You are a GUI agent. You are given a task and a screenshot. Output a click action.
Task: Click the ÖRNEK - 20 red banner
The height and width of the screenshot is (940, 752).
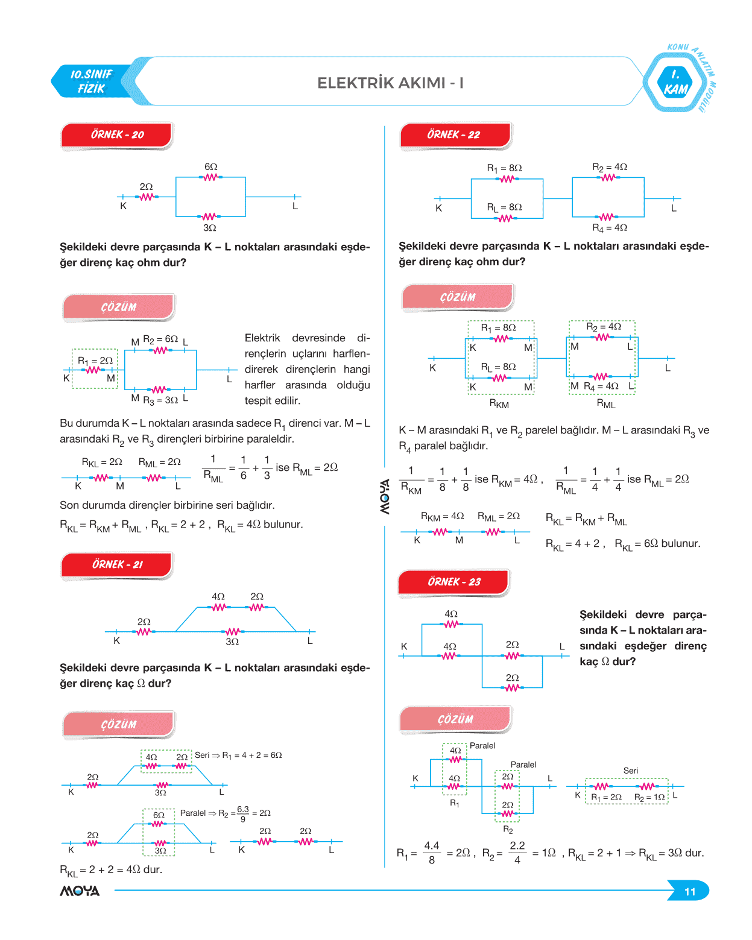(117, 135)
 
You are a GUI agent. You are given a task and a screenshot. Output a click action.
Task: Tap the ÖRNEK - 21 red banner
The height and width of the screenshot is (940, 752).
(117, 565)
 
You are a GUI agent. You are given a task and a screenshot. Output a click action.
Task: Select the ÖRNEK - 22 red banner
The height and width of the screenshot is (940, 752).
(455, 135)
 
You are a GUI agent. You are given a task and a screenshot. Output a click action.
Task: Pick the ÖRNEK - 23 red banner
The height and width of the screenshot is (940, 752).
(454, 582)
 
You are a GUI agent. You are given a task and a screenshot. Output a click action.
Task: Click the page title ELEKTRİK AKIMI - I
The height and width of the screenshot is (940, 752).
(390, 83)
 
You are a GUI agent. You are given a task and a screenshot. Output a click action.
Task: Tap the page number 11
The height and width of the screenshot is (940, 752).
(690, 892)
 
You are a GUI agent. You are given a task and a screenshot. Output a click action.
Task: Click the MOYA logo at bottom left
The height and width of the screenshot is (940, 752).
(80, 891)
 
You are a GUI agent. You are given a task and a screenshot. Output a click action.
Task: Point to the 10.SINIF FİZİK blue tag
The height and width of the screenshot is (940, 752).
(92, 81)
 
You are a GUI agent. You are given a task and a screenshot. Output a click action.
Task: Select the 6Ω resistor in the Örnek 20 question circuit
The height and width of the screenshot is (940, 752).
(210, 177)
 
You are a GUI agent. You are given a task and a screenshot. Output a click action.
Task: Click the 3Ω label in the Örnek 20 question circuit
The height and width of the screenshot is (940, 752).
(209, 228)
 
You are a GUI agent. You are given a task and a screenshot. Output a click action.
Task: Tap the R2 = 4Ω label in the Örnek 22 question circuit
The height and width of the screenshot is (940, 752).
(610, 167)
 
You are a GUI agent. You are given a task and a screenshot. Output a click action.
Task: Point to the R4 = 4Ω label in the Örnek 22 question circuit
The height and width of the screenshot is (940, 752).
(610, 228)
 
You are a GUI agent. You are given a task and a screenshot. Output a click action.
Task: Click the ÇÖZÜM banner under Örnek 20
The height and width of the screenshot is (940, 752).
(119, 307)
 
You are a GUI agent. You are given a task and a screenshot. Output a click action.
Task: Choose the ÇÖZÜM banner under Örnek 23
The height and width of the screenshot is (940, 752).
(456, 719)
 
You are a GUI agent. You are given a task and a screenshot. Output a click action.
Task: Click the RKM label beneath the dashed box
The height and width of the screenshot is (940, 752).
(499, 404)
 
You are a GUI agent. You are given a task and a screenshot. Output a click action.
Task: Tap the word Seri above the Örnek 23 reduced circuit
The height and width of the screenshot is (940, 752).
(631, 771)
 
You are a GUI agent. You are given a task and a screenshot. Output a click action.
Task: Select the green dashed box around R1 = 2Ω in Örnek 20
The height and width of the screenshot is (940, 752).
(95, 368)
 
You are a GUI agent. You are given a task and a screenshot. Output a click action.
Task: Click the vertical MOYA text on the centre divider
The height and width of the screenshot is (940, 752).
(385, 496)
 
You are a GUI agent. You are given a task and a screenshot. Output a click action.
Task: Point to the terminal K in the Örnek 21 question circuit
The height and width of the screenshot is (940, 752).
(117, 641)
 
